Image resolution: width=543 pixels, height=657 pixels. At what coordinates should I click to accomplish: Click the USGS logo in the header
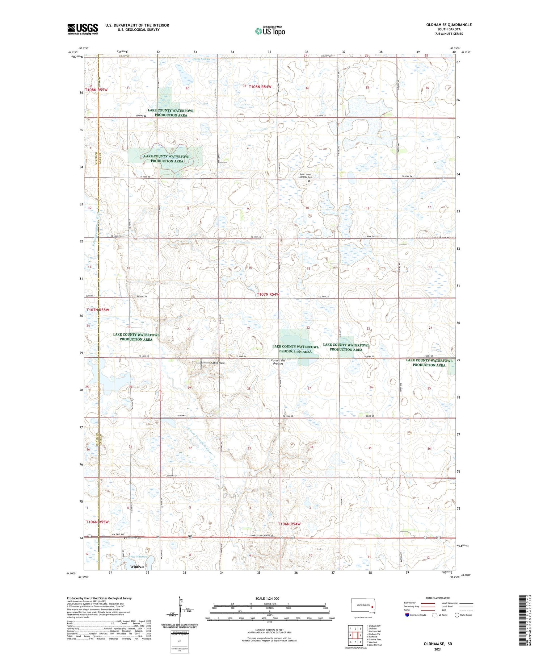pyautogui.click(x=83, y=29)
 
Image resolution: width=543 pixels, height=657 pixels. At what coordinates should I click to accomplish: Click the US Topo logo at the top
pyautogui.click(x=270, y=31)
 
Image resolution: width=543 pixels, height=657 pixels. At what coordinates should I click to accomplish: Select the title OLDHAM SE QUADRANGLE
pyautogui.click(x=449, y=25)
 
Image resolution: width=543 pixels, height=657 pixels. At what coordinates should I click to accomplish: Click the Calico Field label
pyautogui.click(x=218, y=363)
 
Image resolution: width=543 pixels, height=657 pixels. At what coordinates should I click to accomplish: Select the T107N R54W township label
pyautogui.click(x=268, y=295)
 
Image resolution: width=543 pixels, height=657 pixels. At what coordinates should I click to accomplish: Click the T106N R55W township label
pyautogui.click(x=97, y=522)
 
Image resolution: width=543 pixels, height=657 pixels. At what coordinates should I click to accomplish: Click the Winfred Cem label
pyautogui.click(x=134, y=538)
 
